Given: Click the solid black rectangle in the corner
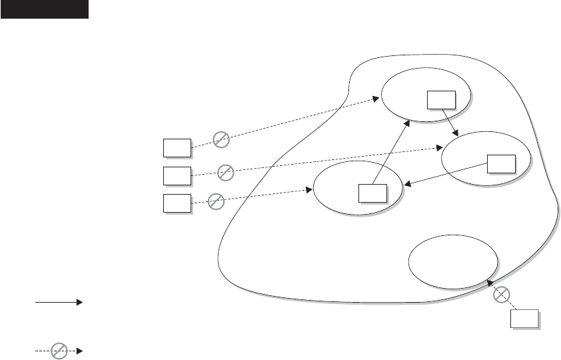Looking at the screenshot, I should click(x=45, y=9).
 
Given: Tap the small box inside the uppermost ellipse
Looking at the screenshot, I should click(x=441, y=99).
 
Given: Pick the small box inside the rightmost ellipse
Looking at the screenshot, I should click(x=501, y=163).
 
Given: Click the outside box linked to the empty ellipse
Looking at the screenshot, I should click(x=524, y=319).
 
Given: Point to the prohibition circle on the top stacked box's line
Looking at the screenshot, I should click(x=221, y=138).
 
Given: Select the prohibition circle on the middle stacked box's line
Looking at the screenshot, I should click(x=227, y=171).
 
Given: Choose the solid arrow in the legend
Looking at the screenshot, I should click(x=59, y=302).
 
